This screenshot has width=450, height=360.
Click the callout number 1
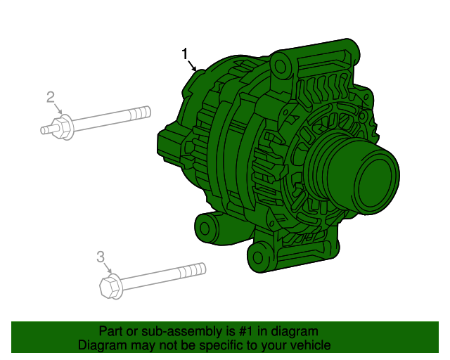coord(185,53)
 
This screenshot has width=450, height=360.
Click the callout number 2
coord(51,97)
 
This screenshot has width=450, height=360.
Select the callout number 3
coord(101,257)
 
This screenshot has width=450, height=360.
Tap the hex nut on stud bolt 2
coord(61,127)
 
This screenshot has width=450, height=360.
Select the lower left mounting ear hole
coord(205,227)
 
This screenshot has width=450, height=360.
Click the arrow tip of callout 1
coord(197,71)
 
